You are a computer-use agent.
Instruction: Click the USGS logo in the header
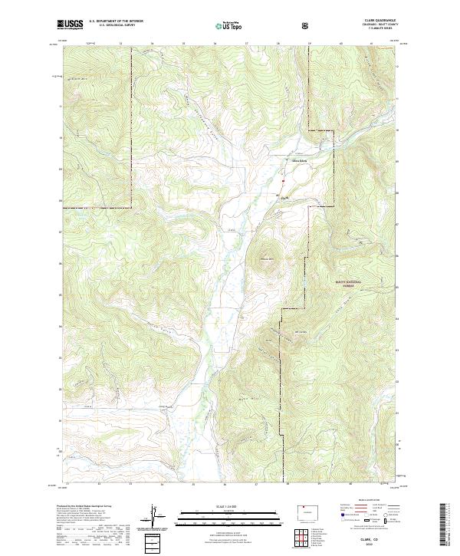point(70,25)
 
